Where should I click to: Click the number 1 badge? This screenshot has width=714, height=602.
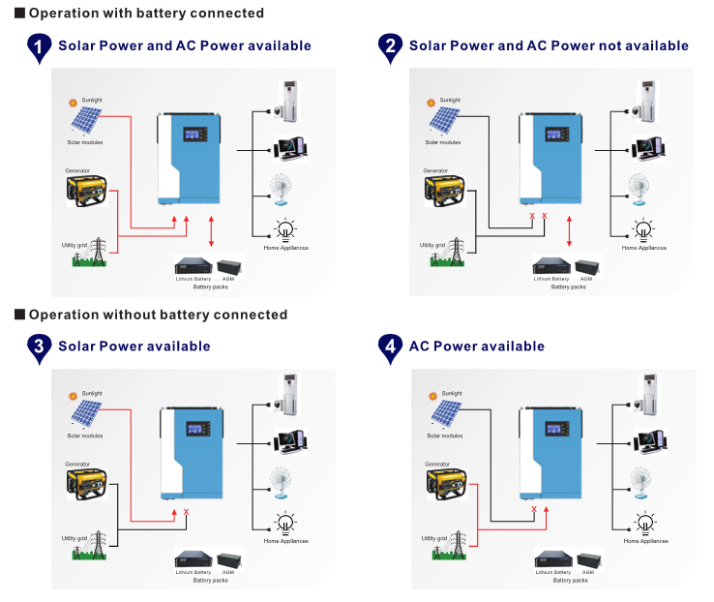click(39, 46)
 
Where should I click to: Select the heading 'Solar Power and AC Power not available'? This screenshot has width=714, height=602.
click(549, 45)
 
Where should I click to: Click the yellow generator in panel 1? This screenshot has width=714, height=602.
click(86, 189)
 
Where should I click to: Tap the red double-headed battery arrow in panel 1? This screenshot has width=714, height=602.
click(212, 231)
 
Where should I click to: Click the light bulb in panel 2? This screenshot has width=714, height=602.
click(643, 230)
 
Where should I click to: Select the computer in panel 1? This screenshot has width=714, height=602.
click(290, 148)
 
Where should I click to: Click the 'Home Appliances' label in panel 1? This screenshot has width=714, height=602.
click(285, 247)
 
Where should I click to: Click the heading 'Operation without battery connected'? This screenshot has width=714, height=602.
click(158, 315)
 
